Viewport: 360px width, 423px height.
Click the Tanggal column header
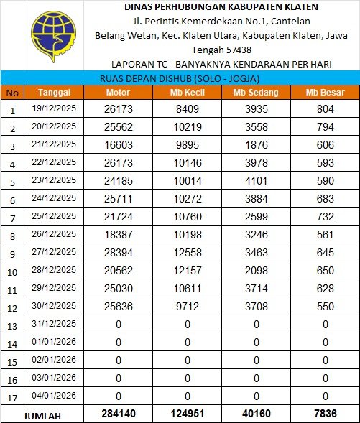click(x=54, y=93)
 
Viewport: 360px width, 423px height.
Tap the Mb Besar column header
click(x=325, y=93)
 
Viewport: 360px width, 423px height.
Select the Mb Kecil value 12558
click(x=187, y=254)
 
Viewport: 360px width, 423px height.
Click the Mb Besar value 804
click(x=325, y=109)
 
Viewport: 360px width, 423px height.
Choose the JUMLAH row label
click(x=42, y=415)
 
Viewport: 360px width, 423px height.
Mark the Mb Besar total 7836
click(x=325, y=414)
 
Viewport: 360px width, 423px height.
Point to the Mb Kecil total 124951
click(x=187, y=414)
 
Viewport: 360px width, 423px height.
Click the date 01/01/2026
click(x=54, y=343)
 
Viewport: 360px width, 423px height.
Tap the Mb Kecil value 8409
click(x=187, y=109)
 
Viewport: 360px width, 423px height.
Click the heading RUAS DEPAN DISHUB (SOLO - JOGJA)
click(x=180, y=78)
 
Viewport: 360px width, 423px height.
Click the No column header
click(x=11, y=93)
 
